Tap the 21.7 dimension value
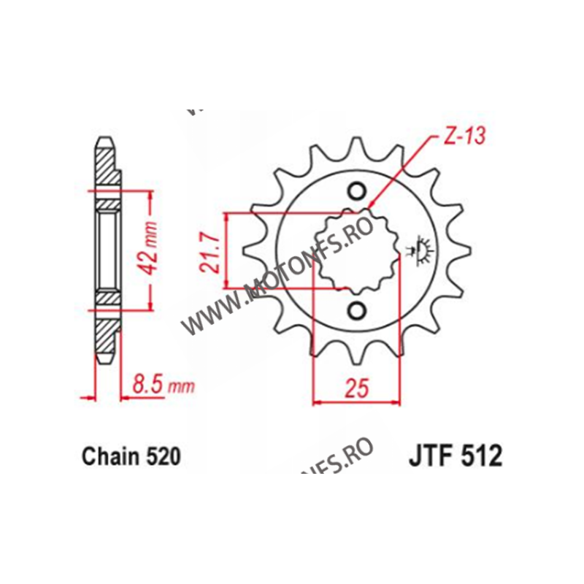[x=212, y=253]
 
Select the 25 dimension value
[x=356, y=389]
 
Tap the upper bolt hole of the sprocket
[x=357, y=192]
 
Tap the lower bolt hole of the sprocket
[x=357, y=311]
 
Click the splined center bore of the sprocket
[x=356, y=252]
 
